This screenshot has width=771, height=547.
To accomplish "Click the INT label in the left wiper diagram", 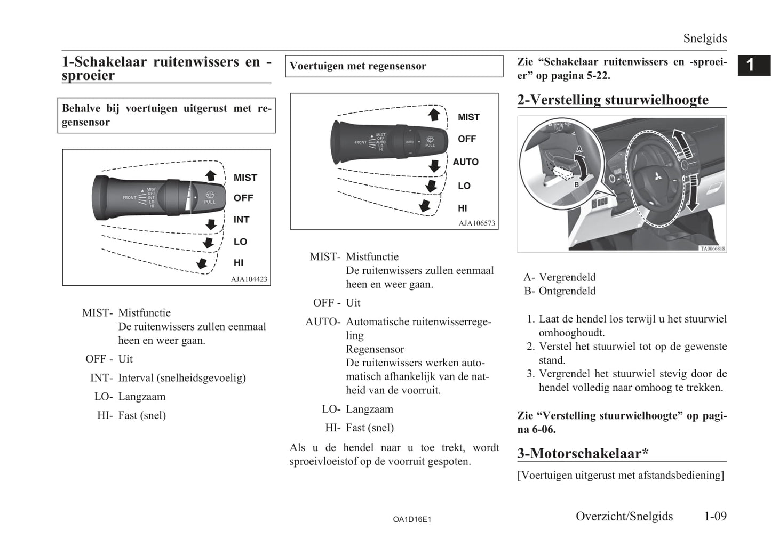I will click(x=241, y=219).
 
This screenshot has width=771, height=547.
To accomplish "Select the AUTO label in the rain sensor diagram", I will click(x=465, y=162).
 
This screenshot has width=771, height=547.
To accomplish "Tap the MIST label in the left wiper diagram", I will click(x=245, y=178).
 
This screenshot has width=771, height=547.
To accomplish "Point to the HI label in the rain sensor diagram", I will click(x=462, y=208).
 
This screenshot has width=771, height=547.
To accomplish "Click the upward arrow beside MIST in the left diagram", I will click(x=211, y=175).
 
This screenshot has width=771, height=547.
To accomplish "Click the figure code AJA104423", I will click(x=249, y=279).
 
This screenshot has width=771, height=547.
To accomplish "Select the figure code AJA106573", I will click(x=476, y=223).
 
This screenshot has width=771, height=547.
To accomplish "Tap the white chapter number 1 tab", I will click(x=750, y=65).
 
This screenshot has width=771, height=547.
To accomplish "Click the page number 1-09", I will click(x=715, y=516).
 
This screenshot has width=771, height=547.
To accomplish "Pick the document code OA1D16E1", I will click(x=411, y=519).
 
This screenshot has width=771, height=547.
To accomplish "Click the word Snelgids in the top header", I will click(x=705, y=38).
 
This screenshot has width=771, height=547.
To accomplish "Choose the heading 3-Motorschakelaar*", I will click(x=583, y=453).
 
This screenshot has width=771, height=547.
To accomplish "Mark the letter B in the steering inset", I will click(x=576, y=184).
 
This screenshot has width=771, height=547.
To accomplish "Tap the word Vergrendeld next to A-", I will click(x=567, y=277).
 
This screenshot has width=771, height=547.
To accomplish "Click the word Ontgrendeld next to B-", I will click(x=567, y=291).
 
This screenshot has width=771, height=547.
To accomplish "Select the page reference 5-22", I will click(x=598, y=75).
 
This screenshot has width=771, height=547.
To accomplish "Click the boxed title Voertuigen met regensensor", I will click(x=358, y=66).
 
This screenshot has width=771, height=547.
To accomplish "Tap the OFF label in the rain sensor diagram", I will click(x=466, y=139).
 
